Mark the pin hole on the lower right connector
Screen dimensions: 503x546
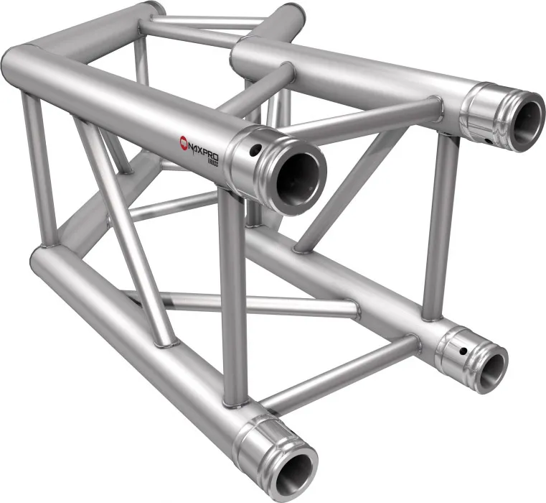464,351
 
